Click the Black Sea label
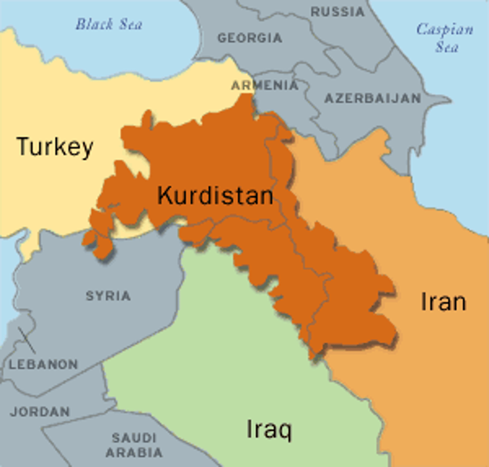[x=109, y=24]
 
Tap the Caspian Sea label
[x=445, y=38]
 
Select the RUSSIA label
[x=337, y=12]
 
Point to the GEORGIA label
[x=250, y=38]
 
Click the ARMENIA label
[x=265, y=85]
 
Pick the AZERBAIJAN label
[x=373, y=98]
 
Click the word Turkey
[x=55, y=147]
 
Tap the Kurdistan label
[x=215, y=195]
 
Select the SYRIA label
[x=108, y=296]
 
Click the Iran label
[x=443, y=302]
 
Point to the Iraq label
[x=269, y=429]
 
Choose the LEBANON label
[x=44, y=365]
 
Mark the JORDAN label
[x=40, y=412]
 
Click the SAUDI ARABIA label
[x=134, y=445]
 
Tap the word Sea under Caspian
[x=447, y=47]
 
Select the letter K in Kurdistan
[x=164, y=195]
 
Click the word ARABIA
[x=134, y=453]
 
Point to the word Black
[x=94, y=24]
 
